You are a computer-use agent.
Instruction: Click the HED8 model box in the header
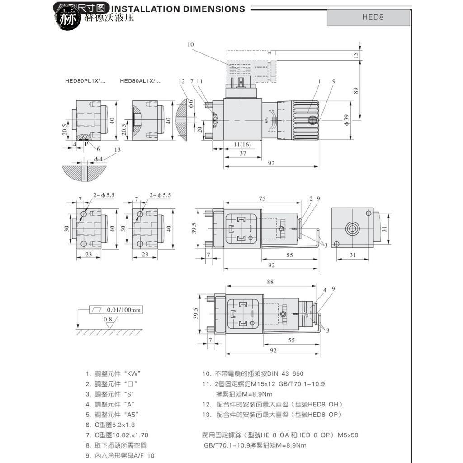(x=373, y=18)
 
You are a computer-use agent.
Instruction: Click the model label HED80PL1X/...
(x=85, y=81)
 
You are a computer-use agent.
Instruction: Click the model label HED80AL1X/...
(x=140, y=81)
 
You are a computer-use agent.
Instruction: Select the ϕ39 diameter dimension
(x=346, y=120)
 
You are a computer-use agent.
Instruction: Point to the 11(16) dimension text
(x=242, y=144)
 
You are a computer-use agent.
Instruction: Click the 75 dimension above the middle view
(x=262, y=199)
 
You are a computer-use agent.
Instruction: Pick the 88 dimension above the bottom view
(x=270, y=282)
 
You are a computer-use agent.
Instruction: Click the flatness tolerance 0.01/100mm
(x=124, y=310)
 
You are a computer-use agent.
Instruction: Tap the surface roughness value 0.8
(x=108, y=319)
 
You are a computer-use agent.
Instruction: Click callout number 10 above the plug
(x=190, y=44)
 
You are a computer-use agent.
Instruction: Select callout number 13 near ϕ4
(x=118, y=150)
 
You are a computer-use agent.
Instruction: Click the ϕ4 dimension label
(x=99, y=159)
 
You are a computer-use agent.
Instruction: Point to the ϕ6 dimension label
(x=191, y=104)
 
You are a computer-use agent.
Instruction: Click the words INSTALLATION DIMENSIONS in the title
(x=178, y=9)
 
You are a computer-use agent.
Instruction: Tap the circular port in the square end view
(x=352, y=228)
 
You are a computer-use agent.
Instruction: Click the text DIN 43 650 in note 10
(x=286, y=374)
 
